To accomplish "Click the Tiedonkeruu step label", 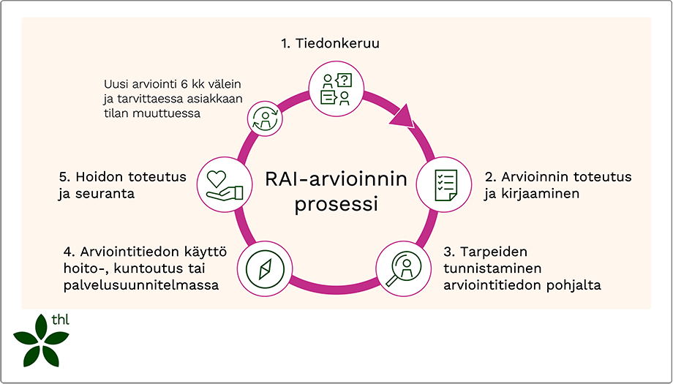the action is coord(335,44).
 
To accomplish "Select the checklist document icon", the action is coord(445,185).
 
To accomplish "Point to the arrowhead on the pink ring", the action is coord(403,116).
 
